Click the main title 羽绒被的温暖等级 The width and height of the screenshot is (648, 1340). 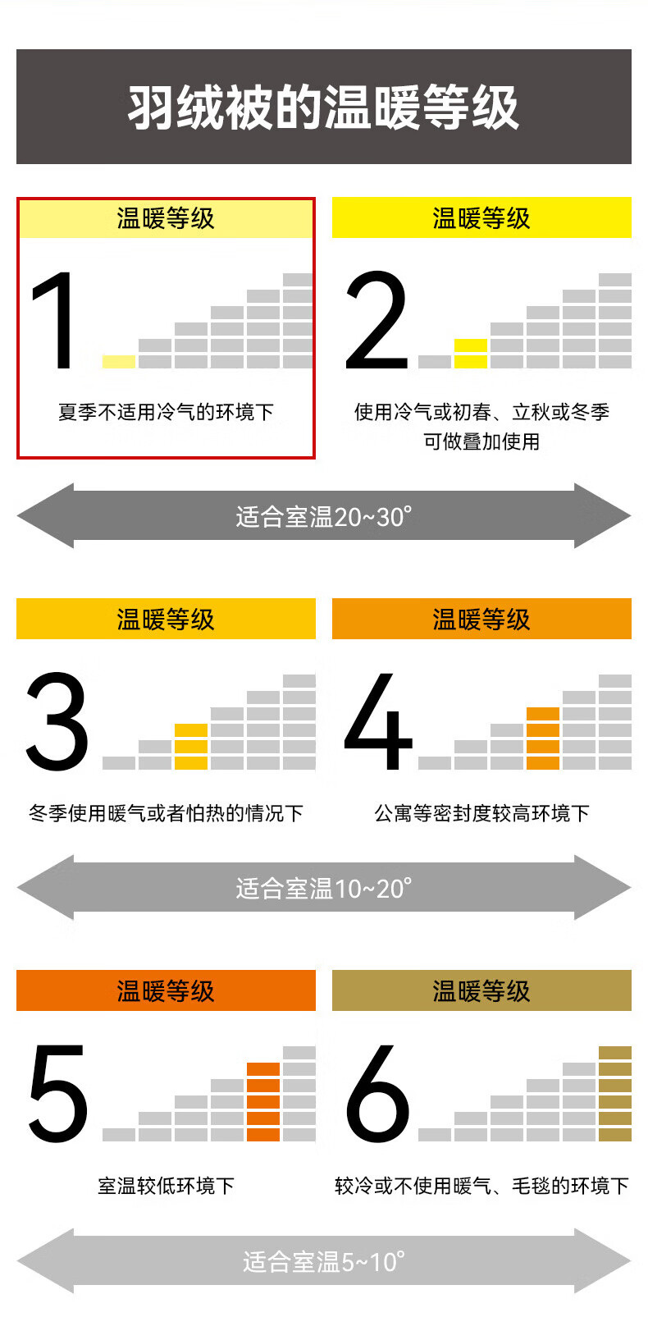click(323, 107)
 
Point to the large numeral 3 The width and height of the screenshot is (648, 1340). click(56, 721)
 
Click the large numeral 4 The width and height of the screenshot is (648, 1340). click(377, 721)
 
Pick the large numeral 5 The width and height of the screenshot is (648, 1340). click(57, 1094)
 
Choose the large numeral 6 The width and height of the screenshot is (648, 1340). click(377, 1094)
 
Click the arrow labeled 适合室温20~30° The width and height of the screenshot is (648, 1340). click(323, 516)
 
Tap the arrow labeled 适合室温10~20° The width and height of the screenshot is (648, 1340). click(323, 888)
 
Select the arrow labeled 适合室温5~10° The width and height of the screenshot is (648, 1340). click(323, 1261)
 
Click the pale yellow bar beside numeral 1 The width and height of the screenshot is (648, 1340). click(119, 362)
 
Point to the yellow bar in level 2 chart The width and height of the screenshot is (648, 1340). click(471, 354)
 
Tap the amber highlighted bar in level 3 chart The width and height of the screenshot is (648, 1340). click(191, 747)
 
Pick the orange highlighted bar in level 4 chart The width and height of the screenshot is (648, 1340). click(543, 739)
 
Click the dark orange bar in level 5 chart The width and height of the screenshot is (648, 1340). click(263, 1102)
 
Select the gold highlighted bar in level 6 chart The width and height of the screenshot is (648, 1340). click(615, 1094)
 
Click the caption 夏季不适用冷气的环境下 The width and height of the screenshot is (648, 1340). click(166, 412)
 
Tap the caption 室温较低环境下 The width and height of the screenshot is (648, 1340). click(166, 1186)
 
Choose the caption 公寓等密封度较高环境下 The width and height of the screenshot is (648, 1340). click(481, 813)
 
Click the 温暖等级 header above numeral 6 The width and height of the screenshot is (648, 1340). click(481, 990)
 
